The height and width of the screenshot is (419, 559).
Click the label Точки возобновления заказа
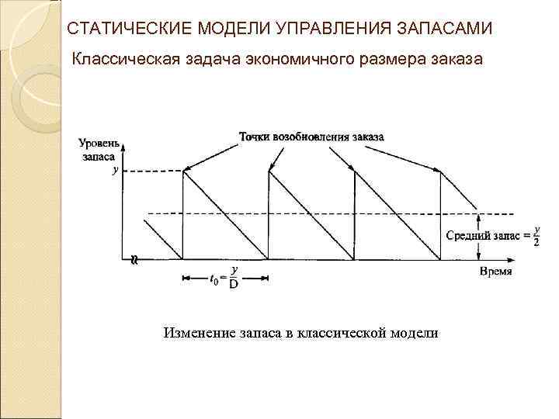(311, 137)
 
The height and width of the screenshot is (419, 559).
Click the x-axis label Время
(495, 272)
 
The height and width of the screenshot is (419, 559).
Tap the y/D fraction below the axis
(234, 276)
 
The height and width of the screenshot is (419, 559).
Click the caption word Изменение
(197, 333)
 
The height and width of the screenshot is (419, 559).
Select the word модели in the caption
(415, 333)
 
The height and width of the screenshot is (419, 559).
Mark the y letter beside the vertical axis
(116, 171)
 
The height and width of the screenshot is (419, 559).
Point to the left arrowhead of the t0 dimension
(185, 276)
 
